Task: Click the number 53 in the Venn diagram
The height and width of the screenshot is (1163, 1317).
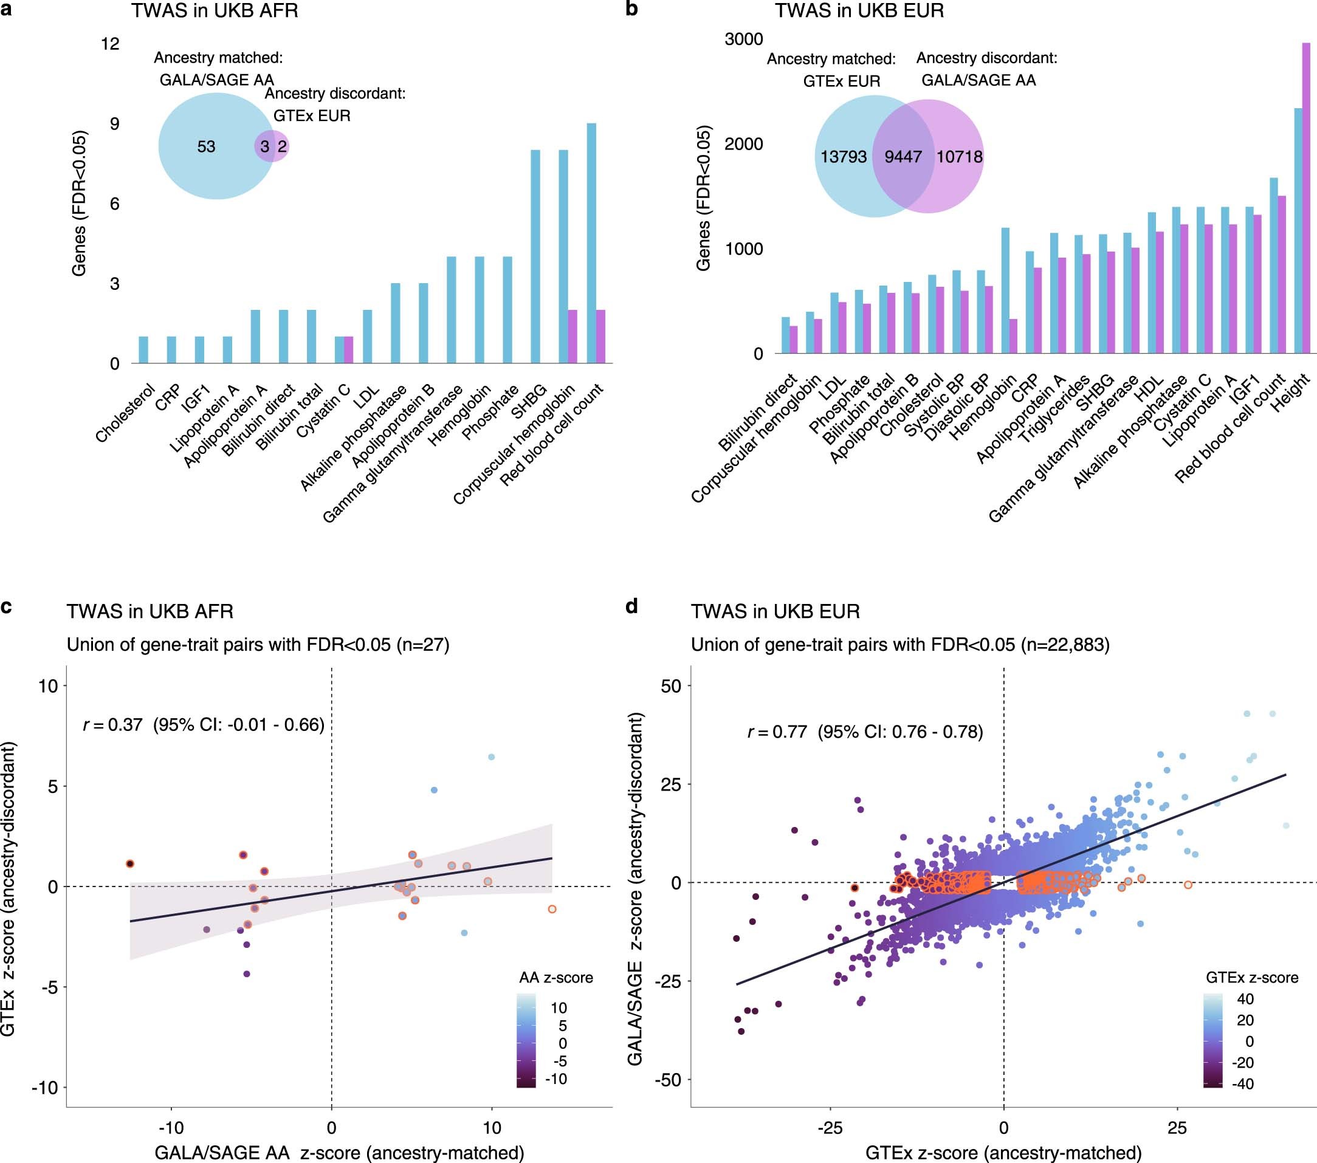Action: point(206,147)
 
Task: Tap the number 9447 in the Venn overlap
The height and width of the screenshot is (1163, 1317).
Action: point(903,157)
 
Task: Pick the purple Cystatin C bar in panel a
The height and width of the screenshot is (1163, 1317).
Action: point(349,350)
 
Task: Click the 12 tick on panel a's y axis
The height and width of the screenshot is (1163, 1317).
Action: point(110,44)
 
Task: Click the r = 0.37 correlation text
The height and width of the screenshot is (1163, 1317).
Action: point(204,725)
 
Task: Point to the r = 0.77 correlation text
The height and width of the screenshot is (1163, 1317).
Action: point(865,732)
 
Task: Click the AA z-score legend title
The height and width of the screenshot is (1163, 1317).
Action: point(556,978)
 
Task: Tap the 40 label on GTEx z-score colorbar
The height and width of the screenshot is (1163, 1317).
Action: point(1245,999)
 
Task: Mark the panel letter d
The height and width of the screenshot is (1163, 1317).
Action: point(632,606)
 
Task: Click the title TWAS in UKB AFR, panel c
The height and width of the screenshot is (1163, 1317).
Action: point(150,611)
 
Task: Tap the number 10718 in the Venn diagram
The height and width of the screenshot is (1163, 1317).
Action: point(959,157)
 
